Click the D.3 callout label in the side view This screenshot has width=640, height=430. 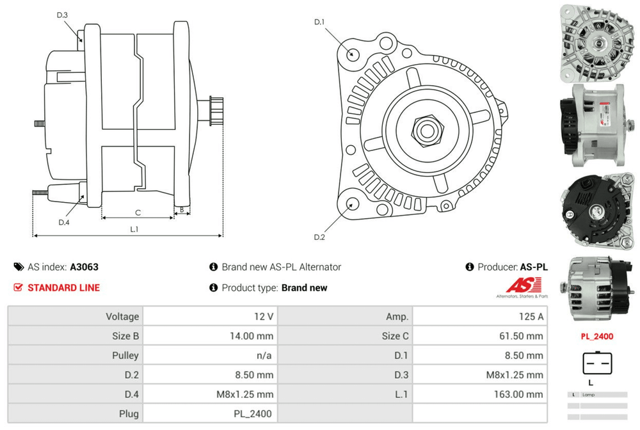pos(62,15)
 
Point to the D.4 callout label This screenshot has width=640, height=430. pos(63,222)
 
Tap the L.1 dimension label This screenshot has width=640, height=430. pos(135,228)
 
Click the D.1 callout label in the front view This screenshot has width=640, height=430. pos(319,22)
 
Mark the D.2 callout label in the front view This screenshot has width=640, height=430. pos(319,237)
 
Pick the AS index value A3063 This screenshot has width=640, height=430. pos(84,267)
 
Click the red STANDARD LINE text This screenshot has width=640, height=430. pos(63,287)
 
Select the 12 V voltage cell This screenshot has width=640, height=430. pos(264,317)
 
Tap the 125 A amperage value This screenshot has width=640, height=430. pos(532,317)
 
